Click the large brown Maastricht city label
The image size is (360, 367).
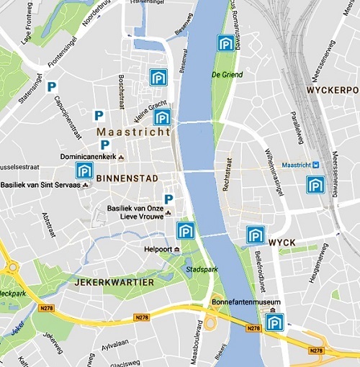coord(133,132)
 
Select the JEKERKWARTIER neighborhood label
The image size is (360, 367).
coord(114,283)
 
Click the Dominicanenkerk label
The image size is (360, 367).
coord(89,156)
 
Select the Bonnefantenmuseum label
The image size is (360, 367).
coord(245,303)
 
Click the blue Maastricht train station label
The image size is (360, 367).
coord(300,165)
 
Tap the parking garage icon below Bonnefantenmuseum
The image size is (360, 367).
coord(274,322)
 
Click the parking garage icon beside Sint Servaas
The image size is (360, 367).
coord(84,171)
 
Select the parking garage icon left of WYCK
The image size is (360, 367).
coord(255,235)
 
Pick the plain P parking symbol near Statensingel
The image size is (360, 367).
coord(51,87)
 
